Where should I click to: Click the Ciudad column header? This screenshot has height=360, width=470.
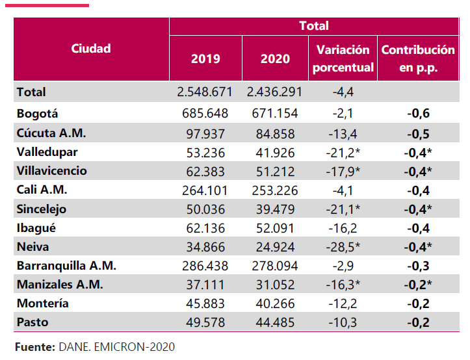point(91,49)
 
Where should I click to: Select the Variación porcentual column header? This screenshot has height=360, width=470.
point(343,58)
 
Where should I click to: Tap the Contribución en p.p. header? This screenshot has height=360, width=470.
point(418,58)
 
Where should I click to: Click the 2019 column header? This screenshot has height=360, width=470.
point(205,58)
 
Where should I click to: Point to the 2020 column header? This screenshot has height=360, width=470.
point(275,58)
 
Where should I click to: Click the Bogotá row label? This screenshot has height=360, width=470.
point(38,114)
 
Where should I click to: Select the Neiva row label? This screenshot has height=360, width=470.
point(33,247)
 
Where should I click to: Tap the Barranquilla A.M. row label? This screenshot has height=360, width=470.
point(66,266)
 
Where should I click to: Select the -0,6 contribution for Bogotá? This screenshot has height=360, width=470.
point(418,114)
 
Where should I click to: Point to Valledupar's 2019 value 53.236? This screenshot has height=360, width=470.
point(205,152)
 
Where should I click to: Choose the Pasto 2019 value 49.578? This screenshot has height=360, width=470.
point(205,322)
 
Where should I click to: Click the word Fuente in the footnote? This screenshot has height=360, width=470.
point(34,347)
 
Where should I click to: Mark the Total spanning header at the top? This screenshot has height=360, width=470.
point(314,26)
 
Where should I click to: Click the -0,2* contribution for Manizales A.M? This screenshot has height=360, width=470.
point(421,285)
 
